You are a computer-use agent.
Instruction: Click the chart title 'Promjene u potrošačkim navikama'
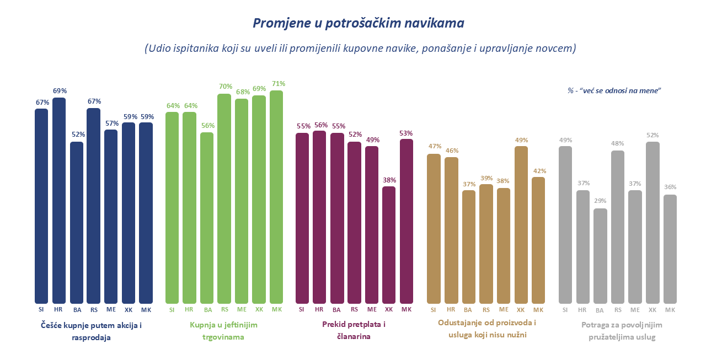tap(358, 23)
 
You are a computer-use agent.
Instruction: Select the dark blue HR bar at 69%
tap(59, 201)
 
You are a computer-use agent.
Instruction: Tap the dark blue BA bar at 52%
tap(77, 223)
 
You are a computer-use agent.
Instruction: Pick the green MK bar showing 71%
tap(276, 197)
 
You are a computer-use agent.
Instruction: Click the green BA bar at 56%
tap(207, 218)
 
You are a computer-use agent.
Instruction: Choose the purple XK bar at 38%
tap(389, 245)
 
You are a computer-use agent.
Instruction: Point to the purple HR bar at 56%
tap(319, 217)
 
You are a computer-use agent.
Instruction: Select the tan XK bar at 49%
tap(521, 225)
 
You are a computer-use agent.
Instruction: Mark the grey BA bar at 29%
tap(600, 256)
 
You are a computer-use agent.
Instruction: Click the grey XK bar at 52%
tap(652, 223)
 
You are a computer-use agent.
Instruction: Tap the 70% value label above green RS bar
tap(224, 87)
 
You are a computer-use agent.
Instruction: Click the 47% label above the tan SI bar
tap(434, 147)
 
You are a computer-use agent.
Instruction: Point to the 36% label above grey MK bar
tap(670, 187)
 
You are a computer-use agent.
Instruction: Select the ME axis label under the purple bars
tap(372, 310)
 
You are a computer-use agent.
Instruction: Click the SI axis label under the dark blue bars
tap(41, 310)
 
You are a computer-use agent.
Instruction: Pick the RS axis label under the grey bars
tap(618, 310)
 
